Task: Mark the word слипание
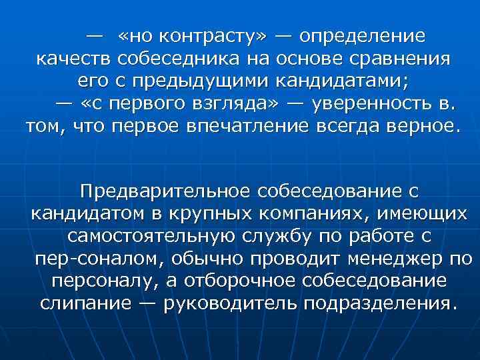(x=85, y=303)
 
